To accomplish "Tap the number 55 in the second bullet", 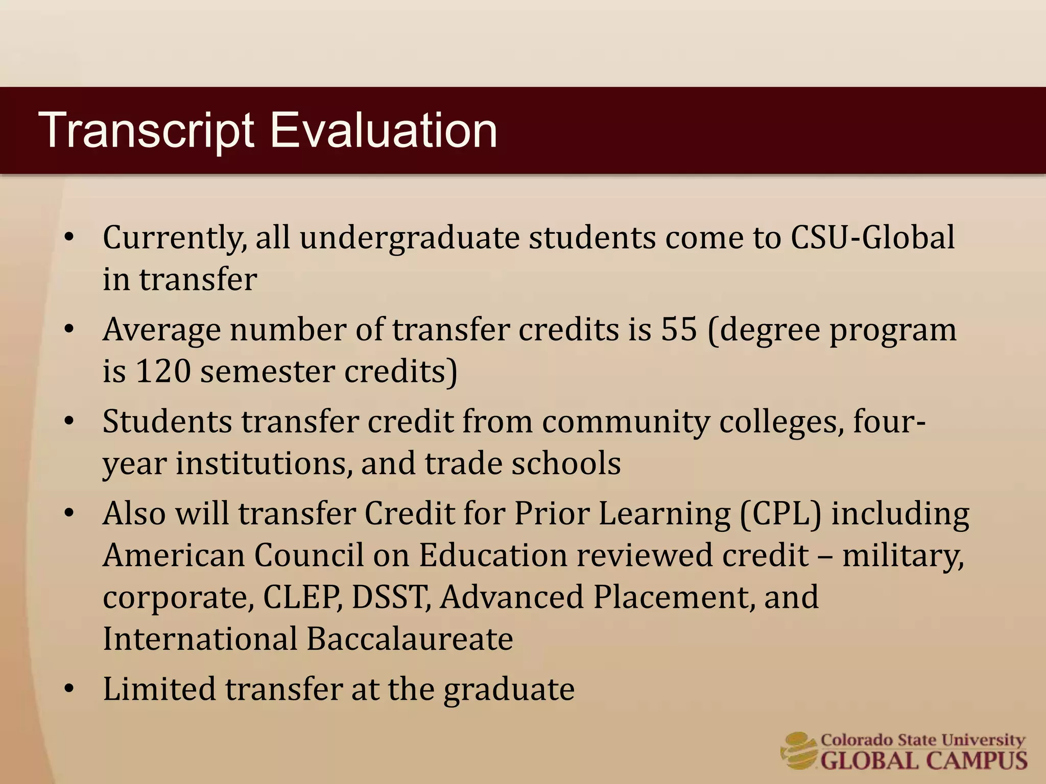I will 679,330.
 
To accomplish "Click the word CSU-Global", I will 872,238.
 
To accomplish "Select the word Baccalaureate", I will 410,639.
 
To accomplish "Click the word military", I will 902,555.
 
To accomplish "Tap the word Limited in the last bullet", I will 159,689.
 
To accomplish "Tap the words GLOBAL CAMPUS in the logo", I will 923,761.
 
